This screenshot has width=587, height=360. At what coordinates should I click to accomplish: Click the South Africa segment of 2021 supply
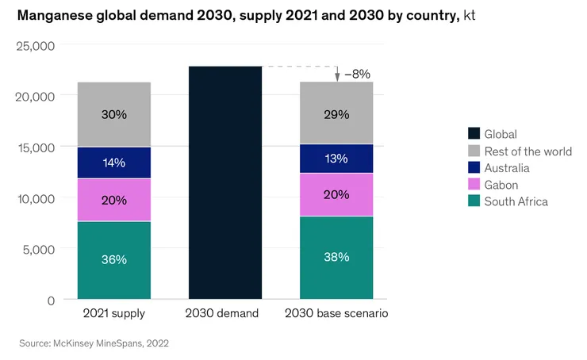tap(113, 260)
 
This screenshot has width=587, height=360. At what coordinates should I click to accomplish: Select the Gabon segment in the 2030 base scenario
tap(336, 194)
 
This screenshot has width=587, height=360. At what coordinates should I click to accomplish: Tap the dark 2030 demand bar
tap(225, 182)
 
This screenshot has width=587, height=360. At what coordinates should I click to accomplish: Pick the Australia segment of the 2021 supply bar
tap(113, 163)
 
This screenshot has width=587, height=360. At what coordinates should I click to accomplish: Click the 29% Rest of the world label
tap(336, 114)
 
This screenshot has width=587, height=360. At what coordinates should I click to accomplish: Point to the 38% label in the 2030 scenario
tap(336, 258)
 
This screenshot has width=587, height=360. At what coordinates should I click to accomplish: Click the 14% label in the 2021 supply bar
tap(113, 163)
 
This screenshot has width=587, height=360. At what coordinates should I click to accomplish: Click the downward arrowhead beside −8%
tap(337, 77)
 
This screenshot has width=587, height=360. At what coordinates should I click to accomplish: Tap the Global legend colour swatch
tap(474, 135)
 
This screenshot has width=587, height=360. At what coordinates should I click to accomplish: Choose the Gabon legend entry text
tap(502, 185)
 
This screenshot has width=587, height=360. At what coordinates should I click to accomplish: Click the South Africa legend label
tap(516, 201)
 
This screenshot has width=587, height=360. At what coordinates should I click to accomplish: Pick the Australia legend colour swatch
tap(474, 168)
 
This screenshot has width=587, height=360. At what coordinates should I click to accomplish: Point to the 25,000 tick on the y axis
tap(35, 45)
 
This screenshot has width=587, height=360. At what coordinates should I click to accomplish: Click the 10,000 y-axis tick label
tap(35, 198)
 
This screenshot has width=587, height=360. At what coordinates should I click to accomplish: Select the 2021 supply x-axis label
tap(113, 313)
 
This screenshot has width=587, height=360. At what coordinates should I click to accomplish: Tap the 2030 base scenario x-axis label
tap(336, 313)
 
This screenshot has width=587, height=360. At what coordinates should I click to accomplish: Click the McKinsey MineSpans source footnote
tap(94, 343)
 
